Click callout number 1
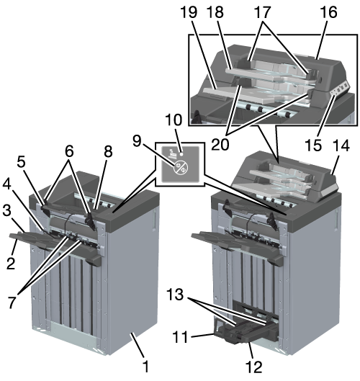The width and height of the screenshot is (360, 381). click(145, 366)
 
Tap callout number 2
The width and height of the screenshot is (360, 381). click(12, 263)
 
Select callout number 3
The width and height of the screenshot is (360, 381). click(7, 211)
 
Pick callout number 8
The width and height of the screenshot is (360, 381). click(108, 152)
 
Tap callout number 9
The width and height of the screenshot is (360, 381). click(137, 140)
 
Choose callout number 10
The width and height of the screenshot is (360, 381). click(174, 120)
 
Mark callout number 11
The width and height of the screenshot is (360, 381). click(180, 337)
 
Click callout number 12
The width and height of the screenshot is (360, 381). click(254, 367)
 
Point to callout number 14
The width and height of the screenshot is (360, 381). click(341, 145)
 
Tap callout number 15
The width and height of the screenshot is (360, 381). click(313, 145)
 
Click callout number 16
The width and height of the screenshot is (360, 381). click(328, 12)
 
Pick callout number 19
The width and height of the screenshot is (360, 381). click(189, 12)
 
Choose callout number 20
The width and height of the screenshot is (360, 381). click(220, 145)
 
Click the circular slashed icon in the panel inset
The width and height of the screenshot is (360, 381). click(181, 168)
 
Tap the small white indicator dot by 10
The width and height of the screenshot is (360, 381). click(181, 154)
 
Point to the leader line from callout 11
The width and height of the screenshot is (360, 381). click(202, 336)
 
